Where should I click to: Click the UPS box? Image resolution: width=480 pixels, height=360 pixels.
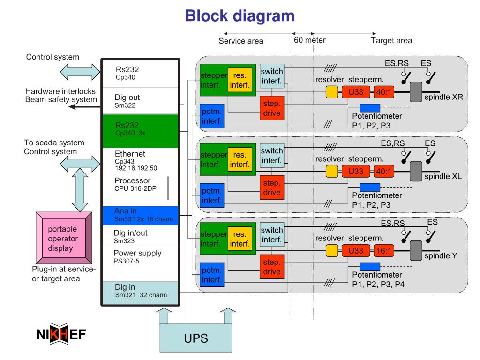[x=196, y=338]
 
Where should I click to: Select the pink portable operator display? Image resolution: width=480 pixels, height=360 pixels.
[x=64, y=238]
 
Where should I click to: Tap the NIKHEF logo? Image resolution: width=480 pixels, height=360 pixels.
[x=61, y=334]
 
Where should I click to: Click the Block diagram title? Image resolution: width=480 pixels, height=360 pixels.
[x=240, y=16]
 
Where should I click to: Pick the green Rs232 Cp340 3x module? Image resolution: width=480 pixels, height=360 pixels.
[x=140, y=131]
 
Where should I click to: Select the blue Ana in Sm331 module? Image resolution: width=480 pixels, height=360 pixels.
[x=140, y=216]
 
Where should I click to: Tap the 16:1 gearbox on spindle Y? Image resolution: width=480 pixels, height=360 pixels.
[x=384, y=251]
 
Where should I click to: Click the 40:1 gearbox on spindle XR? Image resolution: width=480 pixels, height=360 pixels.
[x=384, y=92]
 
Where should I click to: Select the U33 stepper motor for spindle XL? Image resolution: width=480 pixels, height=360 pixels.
[x=356, y=172]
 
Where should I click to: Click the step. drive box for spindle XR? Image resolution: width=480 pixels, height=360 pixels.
[x=272, y=108]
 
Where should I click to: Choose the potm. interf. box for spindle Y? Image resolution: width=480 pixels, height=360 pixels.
[x=212, y=275]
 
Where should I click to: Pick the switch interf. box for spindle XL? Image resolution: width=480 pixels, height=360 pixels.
[x=272, y=156]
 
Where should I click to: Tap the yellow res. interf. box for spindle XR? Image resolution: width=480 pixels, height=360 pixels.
[x=240, y=80]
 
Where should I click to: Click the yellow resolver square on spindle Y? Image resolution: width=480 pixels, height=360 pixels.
[x=332, y=251]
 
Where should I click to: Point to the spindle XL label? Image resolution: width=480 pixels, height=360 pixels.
[x=443, y=176]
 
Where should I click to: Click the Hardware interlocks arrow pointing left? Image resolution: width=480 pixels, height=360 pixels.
[x=85, y=106]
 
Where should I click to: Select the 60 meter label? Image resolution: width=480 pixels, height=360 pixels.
[x=310, y=40]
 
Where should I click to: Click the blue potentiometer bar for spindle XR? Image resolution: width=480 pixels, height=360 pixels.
[x=370, y=108]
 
